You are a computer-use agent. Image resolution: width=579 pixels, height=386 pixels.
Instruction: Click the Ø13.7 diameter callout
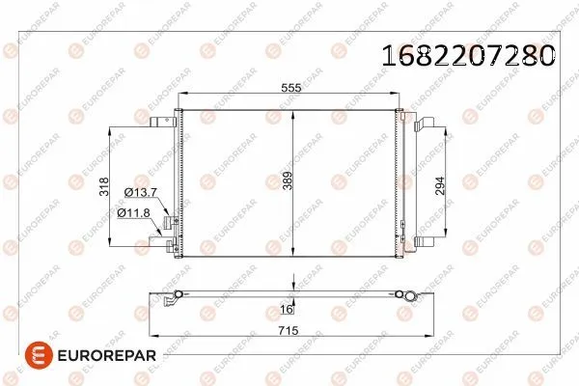pos(135,193)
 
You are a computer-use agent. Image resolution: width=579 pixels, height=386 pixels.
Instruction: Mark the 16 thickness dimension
pos(286,310)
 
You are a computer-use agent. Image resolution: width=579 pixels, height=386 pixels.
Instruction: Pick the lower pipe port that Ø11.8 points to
pos(173,248)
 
